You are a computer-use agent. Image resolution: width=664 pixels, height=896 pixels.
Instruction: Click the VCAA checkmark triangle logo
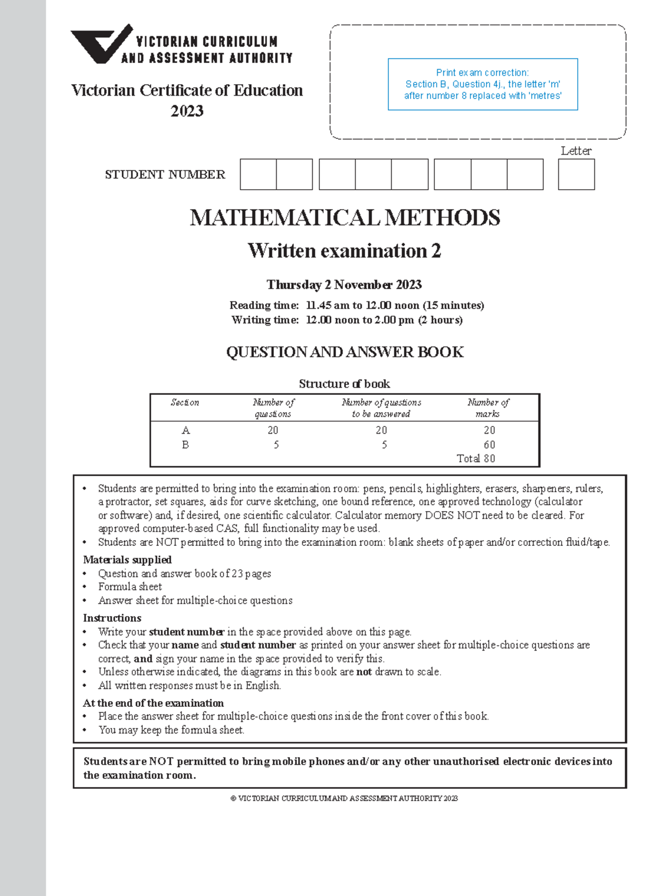(x=100, y=44)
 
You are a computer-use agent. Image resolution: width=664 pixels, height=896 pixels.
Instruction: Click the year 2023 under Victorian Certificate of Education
(x=187, y=111)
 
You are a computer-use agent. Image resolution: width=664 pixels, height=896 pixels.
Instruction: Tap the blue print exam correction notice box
(x=483, y=84)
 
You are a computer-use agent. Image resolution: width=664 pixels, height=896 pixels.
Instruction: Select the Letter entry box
(x=576, y=174)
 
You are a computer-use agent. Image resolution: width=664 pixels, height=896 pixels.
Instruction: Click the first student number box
(x=258, y=174)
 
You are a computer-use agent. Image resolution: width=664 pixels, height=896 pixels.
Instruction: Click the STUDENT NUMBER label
(x=165, y=175)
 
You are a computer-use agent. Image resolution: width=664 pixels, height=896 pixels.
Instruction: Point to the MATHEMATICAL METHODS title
(x=345, y=218)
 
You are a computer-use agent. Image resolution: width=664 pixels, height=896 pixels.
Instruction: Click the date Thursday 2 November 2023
(x=344, y=285)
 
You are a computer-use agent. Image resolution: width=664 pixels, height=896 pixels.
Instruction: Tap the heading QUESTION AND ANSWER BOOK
(x=345, y=352)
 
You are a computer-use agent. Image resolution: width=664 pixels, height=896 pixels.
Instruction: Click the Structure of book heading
(x=344, y=384)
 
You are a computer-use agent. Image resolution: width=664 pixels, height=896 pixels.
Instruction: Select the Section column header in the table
(x=185, y=403)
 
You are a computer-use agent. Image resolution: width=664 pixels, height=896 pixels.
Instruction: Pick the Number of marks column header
(x=488, y=408)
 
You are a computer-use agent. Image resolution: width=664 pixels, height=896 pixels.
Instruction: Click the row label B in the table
(x=185, y=445)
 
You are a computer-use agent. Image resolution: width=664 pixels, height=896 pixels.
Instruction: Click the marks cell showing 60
(x=489, y=445)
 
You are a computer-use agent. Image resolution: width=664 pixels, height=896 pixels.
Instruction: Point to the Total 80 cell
(x=476, y=459)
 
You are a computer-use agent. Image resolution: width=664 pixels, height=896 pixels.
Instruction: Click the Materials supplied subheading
(x=127, y=560)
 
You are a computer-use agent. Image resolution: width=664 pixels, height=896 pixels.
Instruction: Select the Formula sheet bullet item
(x=130, y=587)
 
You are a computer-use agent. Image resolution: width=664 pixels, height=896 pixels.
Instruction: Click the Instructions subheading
(x=112, y=618)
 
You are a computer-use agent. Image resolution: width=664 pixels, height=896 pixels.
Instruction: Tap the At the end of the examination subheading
(x=153, y=703)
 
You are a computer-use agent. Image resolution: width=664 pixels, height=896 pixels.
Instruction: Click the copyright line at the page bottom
(x=344, y=798)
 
